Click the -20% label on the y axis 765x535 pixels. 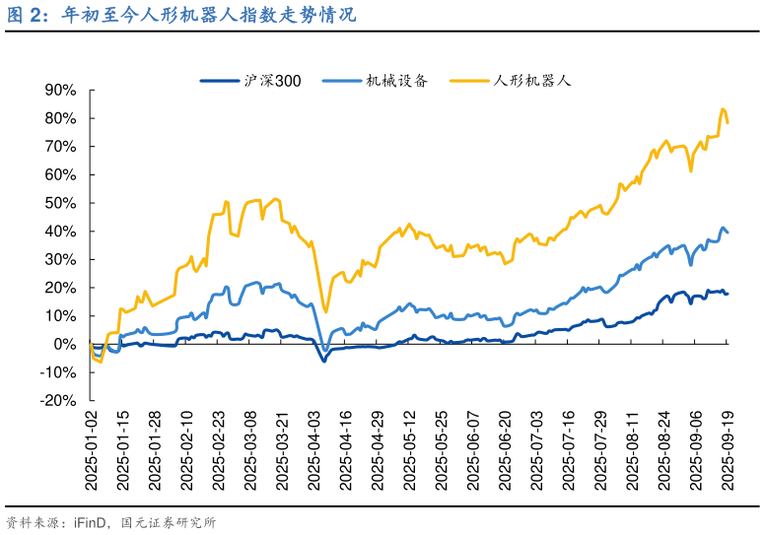(x=57, y=401)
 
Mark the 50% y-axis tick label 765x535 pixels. (x=61, y=203)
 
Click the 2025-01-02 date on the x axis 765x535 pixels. (x=91, y=448)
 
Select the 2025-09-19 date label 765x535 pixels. (x=728, y=448)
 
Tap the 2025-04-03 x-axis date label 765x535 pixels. (x=313, y=448)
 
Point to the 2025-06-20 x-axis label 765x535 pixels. (x=505, y=448)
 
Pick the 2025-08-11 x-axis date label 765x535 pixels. (x=632, y=448)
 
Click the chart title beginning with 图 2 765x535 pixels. (x=181, y=17)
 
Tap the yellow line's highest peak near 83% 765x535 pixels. (x=723, y=109)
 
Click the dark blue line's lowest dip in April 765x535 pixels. (x=323, y=361)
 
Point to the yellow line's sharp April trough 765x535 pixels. (x=325, y=312)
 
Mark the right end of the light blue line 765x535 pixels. (x=728, y=233)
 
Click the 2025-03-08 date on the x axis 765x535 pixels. (x=249, y=448)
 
